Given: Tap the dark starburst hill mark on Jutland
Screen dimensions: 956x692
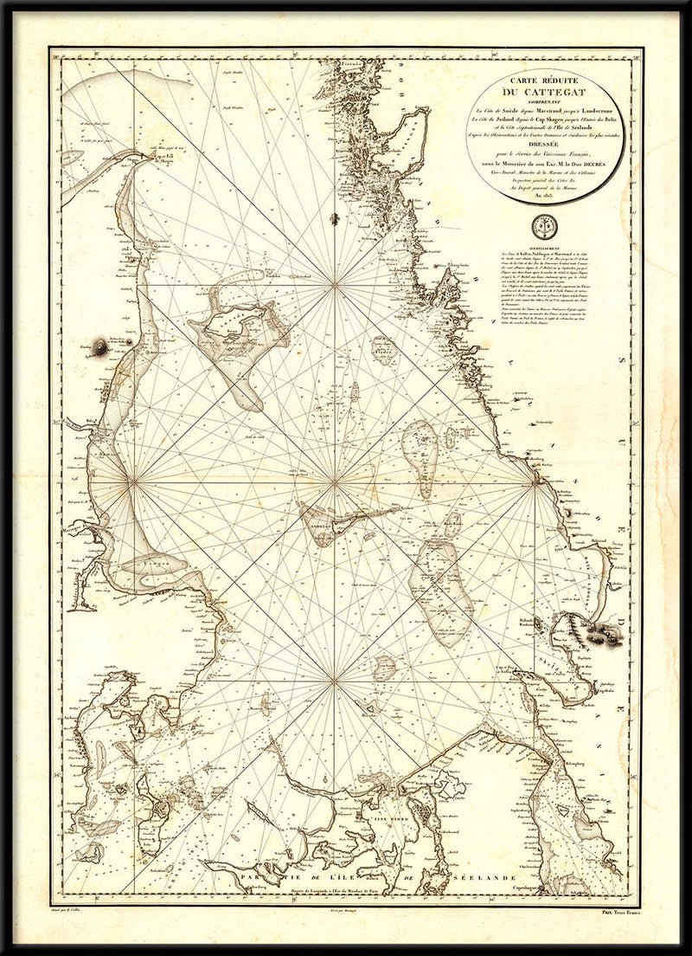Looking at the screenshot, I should tap(100, 347).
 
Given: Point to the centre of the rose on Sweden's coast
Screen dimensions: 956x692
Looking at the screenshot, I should tap(537, 479).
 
